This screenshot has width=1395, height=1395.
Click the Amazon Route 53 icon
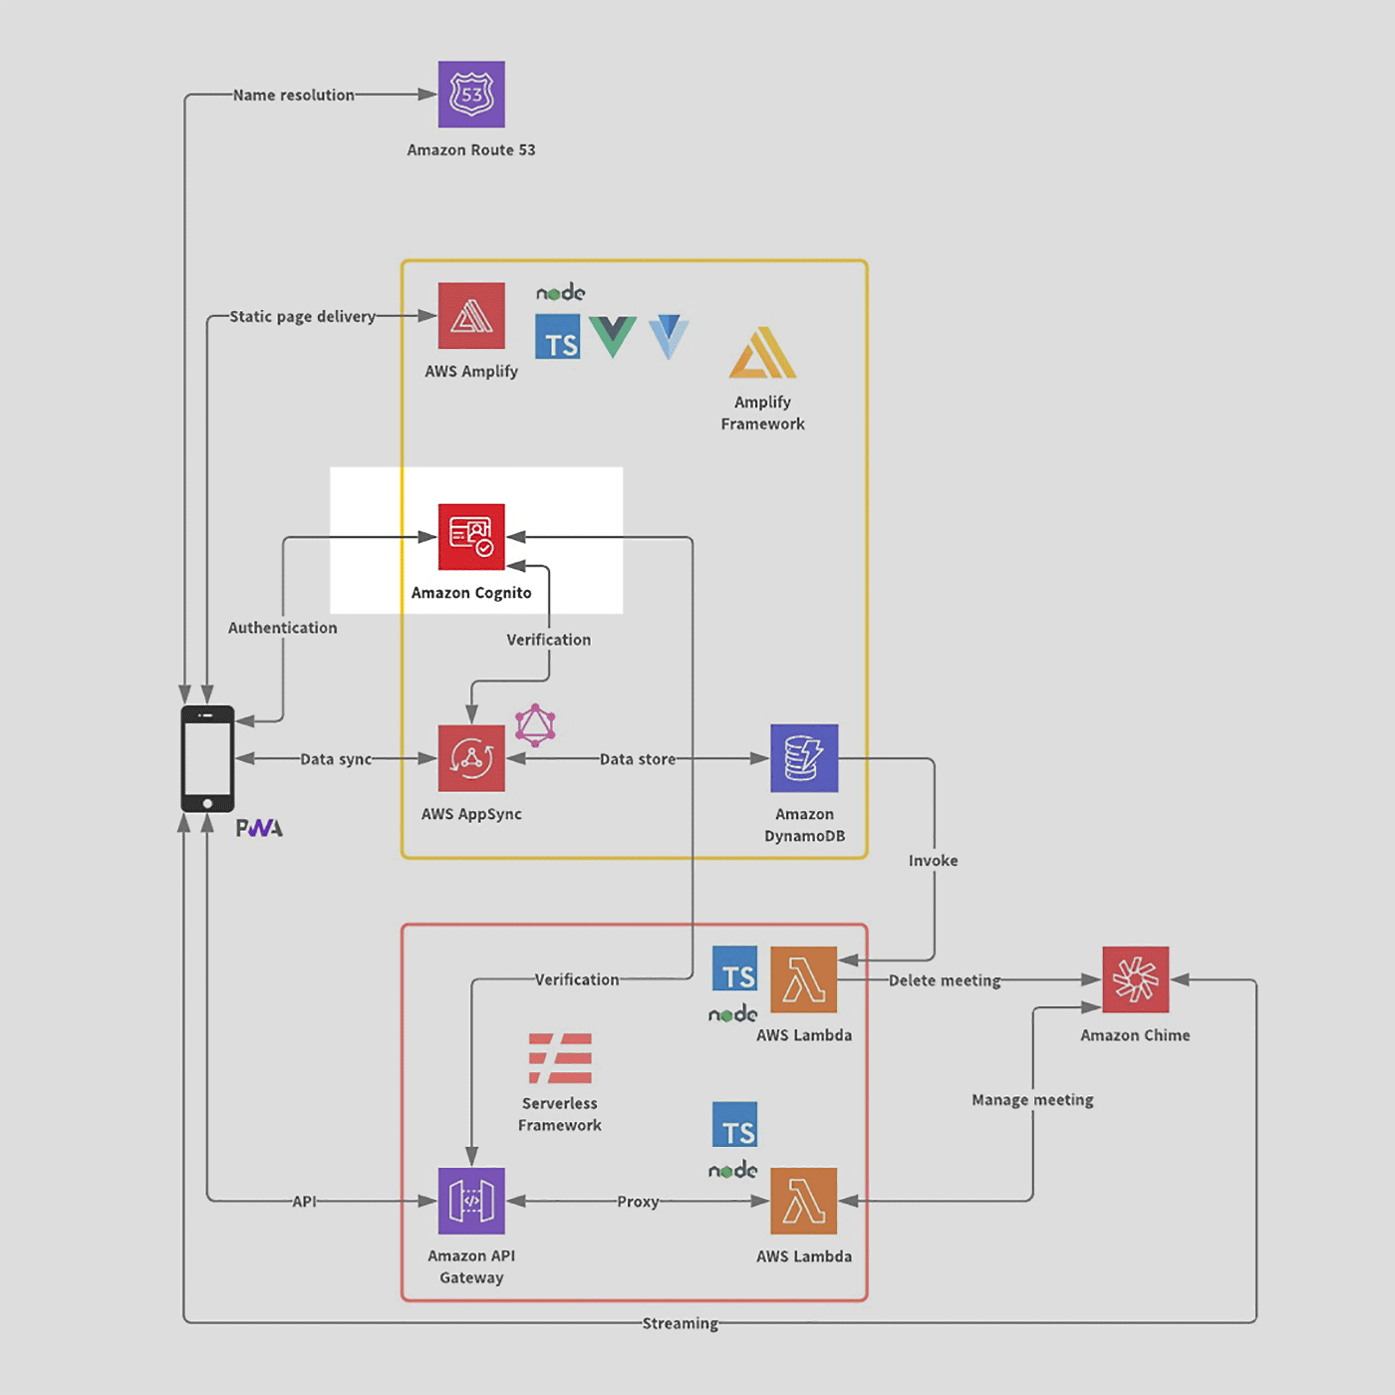(471, 94)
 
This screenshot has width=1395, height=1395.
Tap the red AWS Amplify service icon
(471, 316)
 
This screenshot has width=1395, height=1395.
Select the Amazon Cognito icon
(471, 537)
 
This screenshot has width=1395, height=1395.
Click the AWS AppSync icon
(471, 758)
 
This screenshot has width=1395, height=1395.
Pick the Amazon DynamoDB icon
(804, 758)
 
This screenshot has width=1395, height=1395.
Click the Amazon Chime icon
(1136, 979)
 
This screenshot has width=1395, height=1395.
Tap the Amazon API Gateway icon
(471, 1201)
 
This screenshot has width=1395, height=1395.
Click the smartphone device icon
(208, 758)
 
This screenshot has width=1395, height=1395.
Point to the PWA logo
(259, 828)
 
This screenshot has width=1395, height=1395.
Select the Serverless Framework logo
(560, 1058)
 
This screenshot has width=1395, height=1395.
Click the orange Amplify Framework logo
(763, 353)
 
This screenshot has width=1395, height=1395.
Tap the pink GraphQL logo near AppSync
(536, 725)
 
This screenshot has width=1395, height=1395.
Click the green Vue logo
(613, 337)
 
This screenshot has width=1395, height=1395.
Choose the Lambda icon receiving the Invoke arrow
(803, 979)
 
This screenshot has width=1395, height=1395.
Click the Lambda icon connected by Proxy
(803, 1201)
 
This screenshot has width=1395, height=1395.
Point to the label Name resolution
(294, 95)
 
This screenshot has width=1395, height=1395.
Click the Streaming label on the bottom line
(681, 1323)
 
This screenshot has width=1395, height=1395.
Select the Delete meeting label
(945, 980)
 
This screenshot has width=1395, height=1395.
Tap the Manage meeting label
(1032, 1100)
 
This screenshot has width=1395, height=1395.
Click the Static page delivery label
(303, 316)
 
